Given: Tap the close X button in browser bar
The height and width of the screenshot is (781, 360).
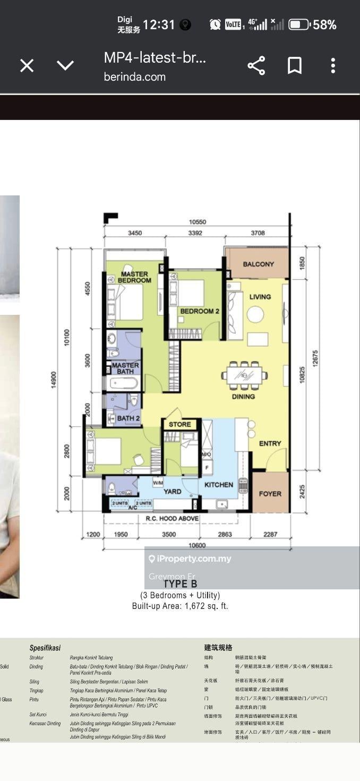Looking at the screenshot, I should (27, 65).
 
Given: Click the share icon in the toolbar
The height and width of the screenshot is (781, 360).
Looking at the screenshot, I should (256, 66).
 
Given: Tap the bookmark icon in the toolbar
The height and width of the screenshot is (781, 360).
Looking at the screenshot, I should (295, 66).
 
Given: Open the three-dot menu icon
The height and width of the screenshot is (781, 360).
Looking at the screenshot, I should (333, 66).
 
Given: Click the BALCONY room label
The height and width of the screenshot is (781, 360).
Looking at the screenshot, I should (258, 264).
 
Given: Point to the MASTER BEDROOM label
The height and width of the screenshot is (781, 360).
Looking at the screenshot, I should (134, 277).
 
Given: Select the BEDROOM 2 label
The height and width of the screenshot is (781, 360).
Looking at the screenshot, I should (199, 311).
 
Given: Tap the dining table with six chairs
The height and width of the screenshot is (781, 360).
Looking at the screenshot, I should (244, 375).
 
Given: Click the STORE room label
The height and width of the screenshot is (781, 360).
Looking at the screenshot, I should (180, 424).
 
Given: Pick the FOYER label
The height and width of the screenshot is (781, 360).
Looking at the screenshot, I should (270, 494).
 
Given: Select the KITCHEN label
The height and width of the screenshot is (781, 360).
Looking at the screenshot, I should (219, 484).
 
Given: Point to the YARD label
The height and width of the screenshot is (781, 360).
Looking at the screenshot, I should (172, 492).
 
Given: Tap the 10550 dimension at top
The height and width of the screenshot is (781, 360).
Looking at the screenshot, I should (197, 222).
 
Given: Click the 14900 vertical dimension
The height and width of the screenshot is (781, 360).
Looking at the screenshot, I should (54, 380).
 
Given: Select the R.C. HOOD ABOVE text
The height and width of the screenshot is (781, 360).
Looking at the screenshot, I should (172, 518).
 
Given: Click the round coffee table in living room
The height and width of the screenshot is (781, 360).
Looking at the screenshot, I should (255, 315).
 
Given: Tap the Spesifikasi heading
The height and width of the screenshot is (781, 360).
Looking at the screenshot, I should (45, 648).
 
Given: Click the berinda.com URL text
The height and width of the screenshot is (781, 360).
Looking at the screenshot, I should (135, 77).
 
